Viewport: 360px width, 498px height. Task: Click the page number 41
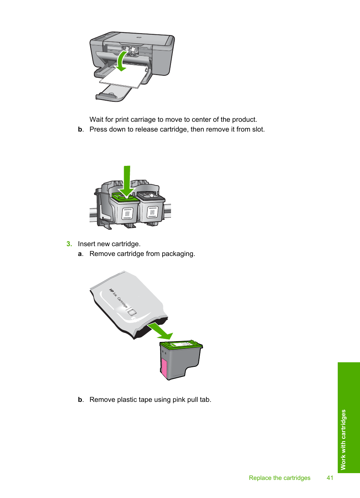point(330,478)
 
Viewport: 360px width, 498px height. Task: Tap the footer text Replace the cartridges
point(279,478)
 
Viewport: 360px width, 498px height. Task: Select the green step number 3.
point(69,244)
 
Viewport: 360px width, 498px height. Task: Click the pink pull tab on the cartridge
point(164,368)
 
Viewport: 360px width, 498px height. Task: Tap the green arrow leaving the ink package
point(161,330)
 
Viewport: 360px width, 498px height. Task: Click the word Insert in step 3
point(86,244)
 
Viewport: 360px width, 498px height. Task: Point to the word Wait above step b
point(96,120)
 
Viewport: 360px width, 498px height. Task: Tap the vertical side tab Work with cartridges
point(343,439)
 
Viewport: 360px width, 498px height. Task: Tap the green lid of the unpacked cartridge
point(181,345)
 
